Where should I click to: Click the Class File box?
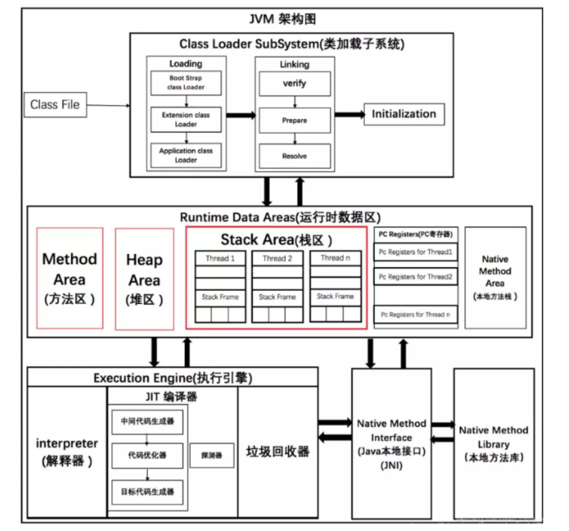[x=55, y=104]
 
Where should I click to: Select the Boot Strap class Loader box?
[x=186, y=83]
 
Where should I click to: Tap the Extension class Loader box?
[x=186, y=119]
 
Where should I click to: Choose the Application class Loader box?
[x=186, y=155]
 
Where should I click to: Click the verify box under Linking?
[x=294, y=83]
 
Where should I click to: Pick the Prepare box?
[x=294, y=120]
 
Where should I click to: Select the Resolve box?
[x=294, y=156]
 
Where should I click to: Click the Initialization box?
[x=403, y=114]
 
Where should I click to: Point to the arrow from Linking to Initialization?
[x=349, y=115]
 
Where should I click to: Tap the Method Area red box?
[x=70, y=277]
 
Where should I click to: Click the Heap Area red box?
[x=144, y=278]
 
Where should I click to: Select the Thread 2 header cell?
[x=277, y=258]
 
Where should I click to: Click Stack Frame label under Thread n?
[x=335, y=297]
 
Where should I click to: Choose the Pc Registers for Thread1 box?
[x=415, y=252]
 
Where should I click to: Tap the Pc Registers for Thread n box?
[x=415, y=314]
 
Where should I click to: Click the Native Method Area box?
[x=495, y=277]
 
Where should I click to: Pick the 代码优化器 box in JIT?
[x=147, y=455]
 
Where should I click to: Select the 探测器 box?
[x=212, y=455]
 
